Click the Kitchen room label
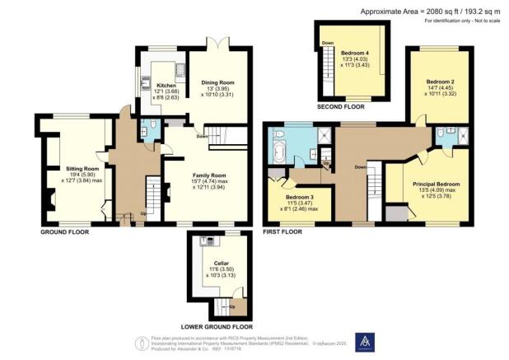coord(166,85)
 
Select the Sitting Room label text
coord(82,168)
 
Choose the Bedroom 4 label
coord(355,53)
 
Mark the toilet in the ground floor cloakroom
coord(145,127)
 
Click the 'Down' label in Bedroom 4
coord(328,43)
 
